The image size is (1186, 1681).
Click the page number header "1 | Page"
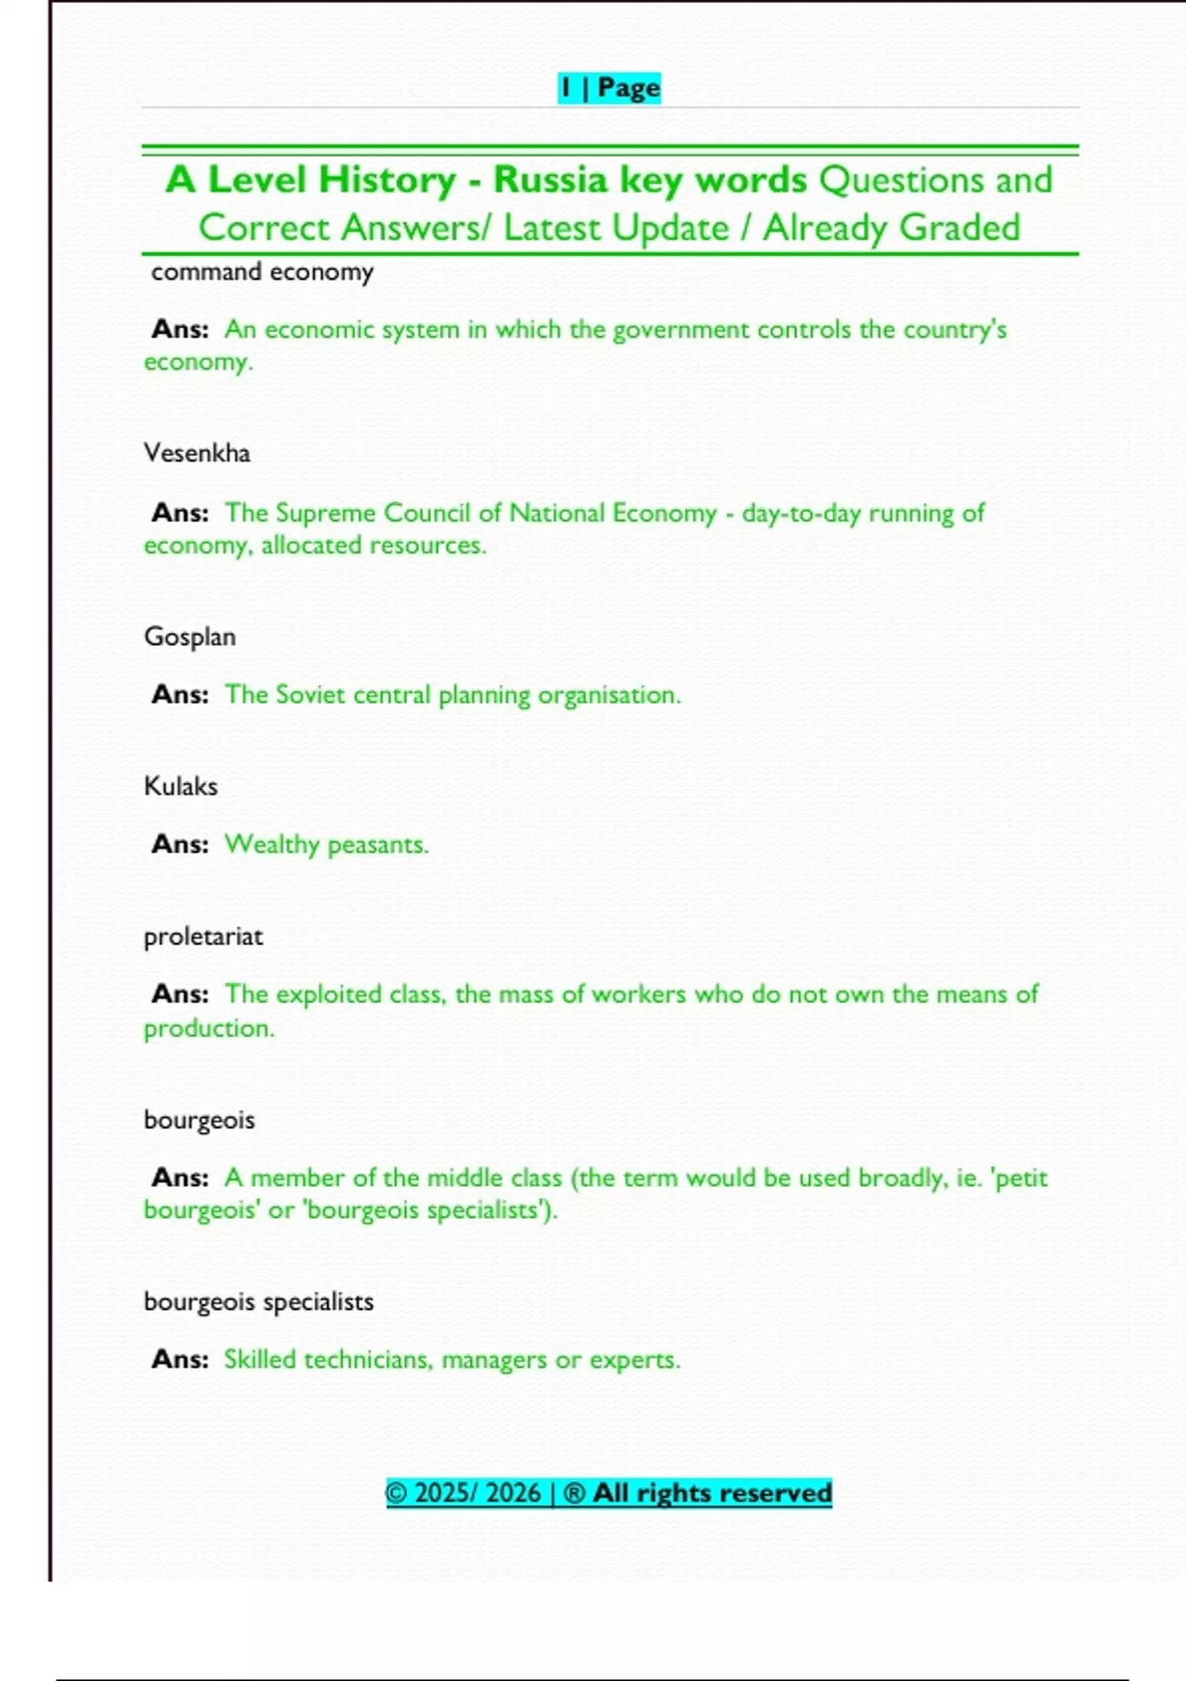tap(609, 88)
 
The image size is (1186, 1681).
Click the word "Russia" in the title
tap(551, 180)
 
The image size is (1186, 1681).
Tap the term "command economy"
tap(262, 272)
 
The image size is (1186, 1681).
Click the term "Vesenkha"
tap(197, 453)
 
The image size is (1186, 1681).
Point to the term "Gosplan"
tap(190, 637)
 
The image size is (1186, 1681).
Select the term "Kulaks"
tap(181, 786)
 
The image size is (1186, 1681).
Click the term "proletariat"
tap(204, 936)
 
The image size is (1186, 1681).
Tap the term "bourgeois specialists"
tap(259, 1301)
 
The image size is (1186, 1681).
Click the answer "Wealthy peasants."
tap(326, 844)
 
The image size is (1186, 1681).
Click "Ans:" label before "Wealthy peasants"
tap(180, 844)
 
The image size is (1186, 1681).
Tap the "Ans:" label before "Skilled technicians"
tap(180, 1360)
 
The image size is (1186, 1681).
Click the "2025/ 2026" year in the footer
tap(477, 1492)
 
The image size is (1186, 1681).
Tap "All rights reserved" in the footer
tap(712, 1492)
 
